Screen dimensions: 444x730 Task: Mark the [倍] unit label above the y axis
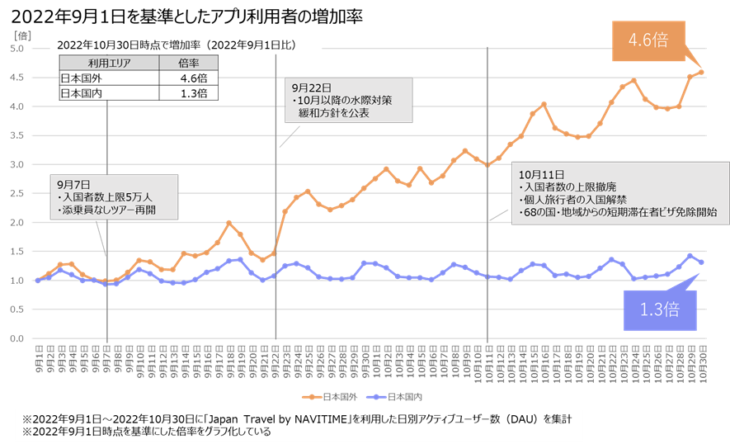click(x=22, y=34)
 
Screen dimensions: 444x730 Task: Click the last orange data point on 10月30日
click(x=701, y=72)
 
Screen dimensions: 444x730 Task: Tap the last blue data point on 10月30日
click(x=701, y=262)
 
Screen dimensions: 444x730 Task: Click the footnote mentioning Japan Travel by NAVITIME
click(x=296, y=418)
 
